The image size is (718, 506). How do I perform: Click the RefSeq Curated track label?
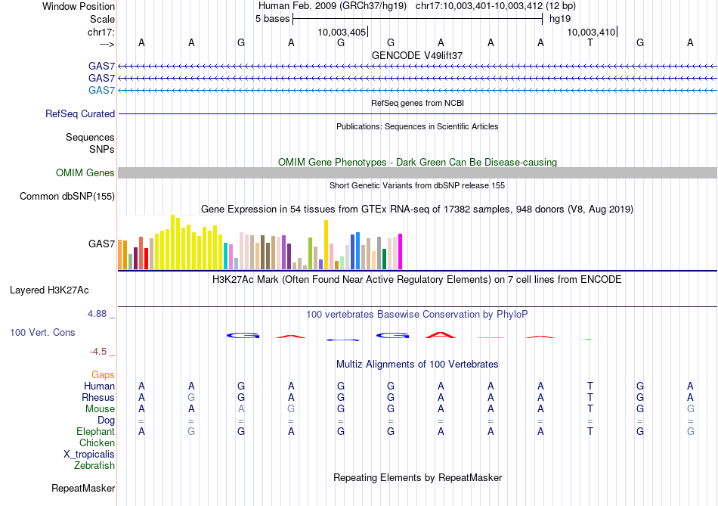click(x=80, y=114)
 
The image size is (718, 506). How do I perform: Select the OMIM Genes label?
click(x=85, y=173)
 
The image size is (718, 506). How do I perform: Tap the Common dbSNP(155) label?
click(x=67, y=197)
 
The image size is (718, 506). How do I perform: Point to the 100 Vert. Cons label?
click(x=42, y=332)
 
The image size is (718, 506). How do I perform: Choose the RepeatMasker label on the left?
click(x=83, y=489)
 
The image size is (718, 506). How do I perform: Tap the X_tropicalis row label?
click(x=89, y=455)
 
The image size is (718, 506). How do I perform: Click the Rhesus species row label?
click(x=98, y=398)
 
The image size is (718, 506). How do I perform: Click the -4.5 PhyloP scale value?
click(x=101, y=352)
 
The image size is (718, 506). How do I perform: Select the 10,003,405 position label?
click(x=342, y=32)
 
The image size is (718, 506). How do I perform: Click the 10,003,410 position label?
click(x=591, y=32)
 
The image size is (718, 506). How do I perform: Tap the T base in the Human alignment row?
click(x=590, y=386)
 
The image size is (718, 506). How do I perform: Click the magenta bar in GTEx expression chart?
click(x=400, y=251)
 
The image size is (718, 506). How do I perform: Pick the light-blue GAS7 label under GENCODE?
click(x=101, y=91)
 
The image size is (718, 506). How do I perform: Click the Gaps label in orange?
click(x=103, y=375)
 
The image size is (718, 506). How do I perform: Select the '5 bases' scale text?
click(x=272, y=18)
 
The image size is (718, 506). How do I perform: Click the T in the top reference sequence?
click(x=590, y=43)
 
